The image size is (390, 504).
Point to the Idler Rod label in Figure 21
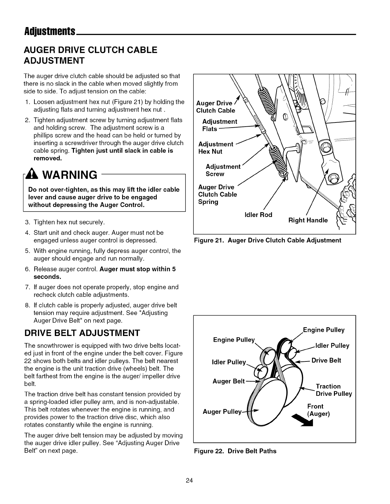[258, 215]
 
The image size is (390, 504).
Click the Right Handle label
[308, 220]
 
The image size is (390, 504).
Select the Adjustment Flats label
[220, 125]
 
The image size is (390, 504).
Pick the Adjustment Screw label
[223, 170]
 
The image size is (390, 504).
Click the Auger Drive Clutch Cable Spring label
[217, 194]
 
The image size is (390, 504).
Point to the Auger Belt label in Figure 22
[228, 381]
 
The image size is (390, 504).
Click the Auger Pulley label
[222, 412]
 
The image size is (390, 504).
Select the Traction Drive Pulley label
[334, 390]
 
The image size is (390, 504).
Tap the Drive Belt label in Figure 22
[326, 360]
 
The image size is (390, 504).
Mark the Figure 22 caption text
[235, 451]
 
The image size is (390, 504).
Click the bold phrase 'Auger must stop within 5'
[138, 269]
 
